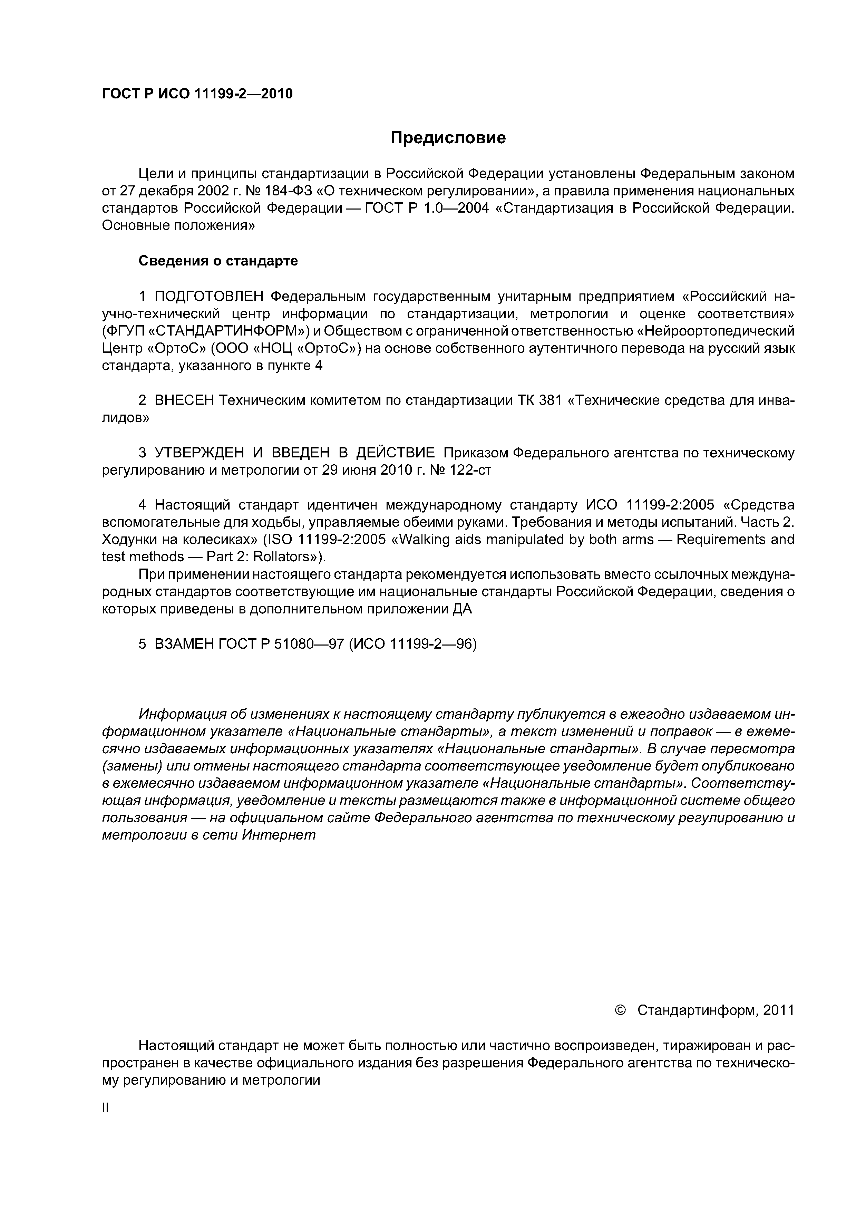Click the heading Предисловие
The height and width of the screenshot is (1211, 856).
(x=448, y=138)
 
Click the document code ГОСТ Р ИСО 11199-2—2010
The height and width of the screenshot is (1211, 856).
(x=197, y=94)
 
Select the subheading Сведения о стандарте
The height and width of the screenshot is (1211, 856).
(x=218, y=261)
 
